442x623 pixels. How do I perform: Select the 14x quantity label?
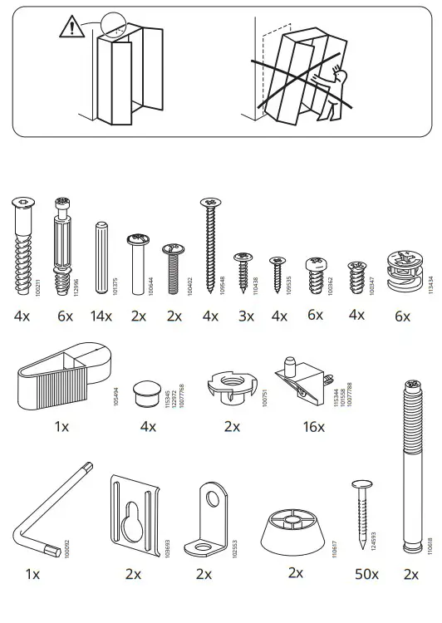click(101, 316)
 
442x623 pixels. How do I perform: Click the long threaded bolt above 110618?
click(410, 465)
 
